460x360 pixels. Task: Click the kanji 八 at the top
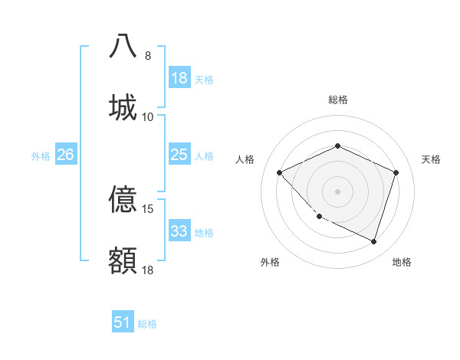tap(123, 46)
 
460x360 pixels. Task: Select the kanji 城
tap(123, 107)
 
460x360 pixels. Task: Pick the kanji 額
tap(123, 261)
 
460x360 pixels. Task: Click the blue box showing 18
tap(179, 78)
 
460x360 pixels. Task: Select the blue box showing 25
tap(179, 155)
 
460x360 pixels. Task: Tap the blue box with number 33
tap(179, 231)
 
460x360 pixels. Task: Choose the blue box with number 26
tap(66, 155)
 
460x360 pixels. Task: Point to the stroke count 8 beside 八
tap(148, 56)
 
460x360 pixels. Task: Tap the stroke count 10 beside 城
tap(148, 117)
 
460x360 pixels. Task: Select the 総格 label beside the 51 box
tap(148, 324)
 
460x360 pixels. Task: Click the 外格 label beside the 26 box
tap(41, 156)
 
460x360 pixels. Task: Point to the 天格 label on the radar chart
tap(432, 159)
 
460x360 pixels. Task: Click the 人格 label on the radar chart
tap(245, 159)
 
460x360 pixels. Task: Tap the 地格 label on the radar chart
tap(402, 263)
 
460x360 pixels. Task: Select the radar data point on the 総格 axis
tap(337, 146)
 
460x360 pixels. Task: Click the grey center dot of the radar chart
tap(337, 191)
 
